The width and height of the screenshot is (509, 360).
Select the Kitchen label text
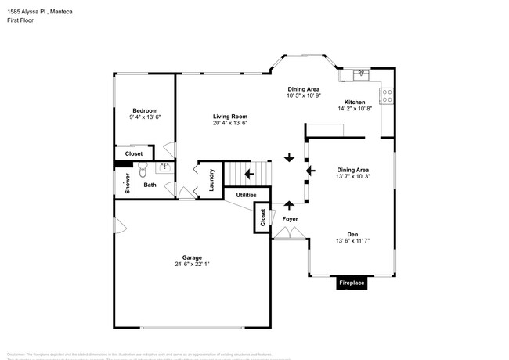(x=355, y=103)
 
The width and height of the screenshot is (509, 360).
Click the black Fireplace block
(x=351, y=283)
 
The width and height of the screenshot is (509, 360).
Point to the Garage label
(x=192, y=257)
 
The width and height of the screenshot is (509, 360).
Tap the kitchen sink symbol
(x=359, y=75)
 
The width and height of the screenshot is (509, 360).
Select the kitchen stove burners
(x=386, y=96)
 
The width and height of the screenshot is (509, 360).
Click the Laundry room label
(x=211, y=181)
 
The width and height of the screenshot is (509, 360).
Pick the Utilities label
(x=246, y=194)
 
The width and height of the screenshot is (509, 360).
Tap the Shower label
(x=127, y=182)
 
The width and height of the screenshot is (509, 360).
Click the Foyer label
(x=290, y=219)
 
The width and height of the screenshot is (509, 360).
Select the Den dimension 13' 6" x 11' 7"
(x=352, y=241)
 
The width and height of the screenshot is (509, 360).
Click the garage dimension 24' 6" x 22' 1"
(x=192, y=265)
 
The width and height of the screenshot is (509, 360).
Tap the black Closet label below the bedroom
(x=134, y=154)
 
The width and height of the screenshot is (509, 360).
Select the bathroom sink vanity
(x=165, y=166)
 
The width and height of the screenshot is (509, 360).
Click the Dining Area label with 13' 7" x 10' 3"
(x=352, y=170)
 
